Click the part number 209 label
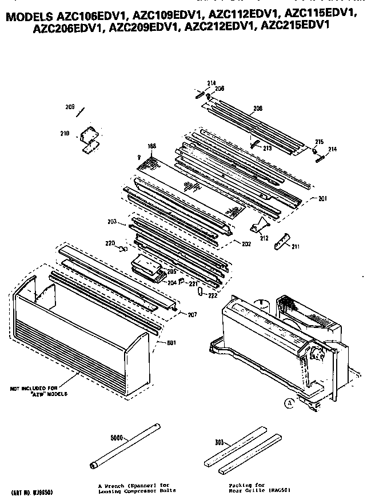pyautogui.click(x=70, y=107)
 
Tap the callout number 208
pyautogui.click(x=258, y=108)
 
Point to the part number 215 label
pyautogui.click(x=319, y=141)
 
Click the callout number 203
pyautogui.click(x=111, y=221)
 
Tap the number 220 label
pyautogui.click(x=110, y=243)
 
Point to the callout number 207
pyautogui.click(x=192, y=314)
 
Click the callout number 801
pyautogui.click(x=171, y=342)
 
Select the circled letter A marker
pyautogui.click(x=290, y=402)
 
